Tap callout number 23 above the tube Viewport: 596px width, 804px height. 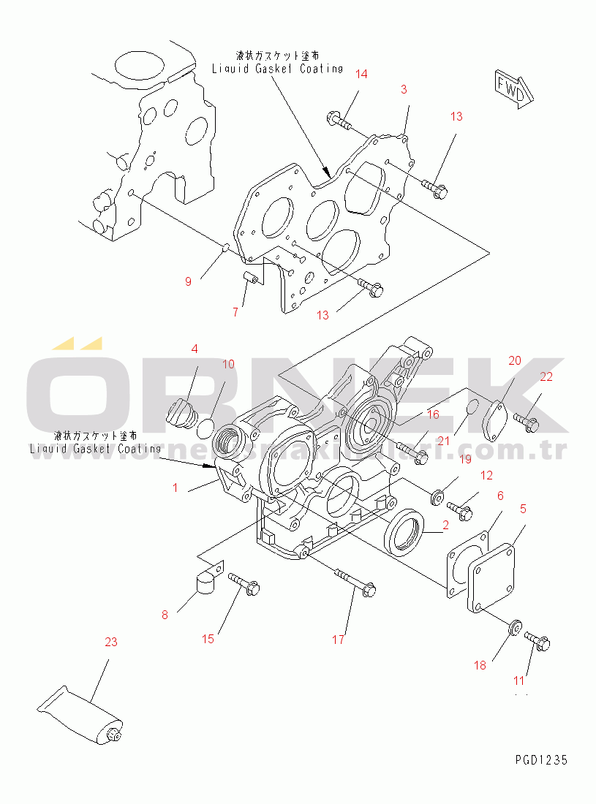[110, 642]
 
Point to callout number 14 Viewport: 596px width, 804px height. [362, 74]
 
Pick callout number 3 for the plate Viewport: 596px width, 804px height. [403, 89]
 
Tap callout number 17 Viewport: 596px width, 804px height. [337, 640]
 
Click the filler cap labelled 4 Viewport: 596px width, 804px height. [179, 413]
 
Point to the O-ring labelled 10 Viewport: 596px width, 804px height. [208, 426]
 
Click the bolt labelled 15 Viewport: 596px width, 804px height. [244, 583]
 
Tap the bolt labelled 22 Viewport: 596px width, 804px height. [527, 420]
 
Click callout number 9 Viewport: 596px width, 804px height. [188, 281]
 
